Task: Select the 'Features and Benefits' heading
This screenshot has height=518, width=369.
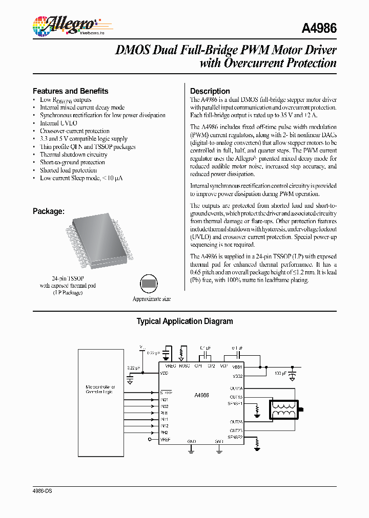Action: (x=70, y=91)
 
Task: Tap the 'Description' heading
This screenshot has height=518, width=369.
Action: (x=210, y=91)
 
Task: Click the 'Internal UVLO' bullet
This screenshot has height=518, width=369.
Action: (x=58, y=123)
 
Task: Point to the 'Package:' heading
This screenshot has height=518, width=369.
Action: (x=49, y=211)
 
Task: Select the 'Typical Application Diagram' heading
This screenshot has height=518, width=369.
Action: (x=184, y=321)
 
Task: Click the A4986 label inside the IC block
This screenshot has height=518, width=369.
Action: (x=201, y=395)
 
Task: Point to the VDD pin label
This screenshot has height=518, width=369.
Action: (x=164, y=373)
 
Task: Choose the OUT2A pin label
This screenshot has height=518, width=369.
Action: (x=236, y=422)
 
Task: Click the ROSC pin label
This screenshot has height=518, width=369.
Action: (x=184, y=366)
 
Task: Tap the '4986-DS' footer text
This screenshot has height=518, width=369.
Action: (x=42, y=491)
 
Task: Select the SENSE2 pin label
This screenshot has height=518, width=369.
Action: (x=236, y=438)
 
